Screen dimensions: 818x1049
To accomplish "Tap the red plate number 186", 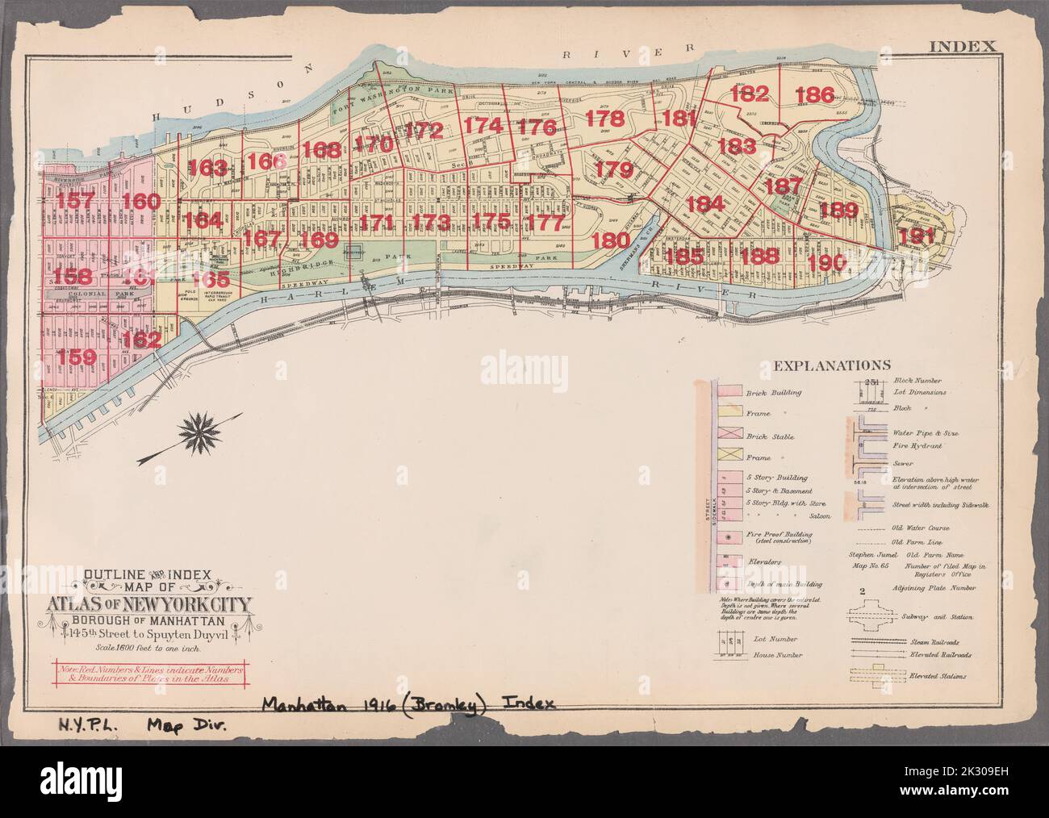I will click(813, 94).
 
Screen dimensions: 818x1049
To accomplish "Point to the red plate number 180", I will click(610, 240).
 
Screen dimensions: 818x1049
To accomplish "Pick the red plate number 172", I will click(424, 129).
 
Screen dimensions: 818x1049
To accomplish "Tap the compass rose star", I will click(198, 433).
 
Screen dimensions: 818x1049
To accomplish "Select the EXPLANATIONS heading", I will click(831, 365).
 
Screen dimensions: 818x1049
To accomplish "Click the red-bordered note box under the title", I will click(153, 673).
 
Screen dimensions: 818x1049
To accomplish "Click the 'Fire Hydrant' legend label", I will click(916, 445).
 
